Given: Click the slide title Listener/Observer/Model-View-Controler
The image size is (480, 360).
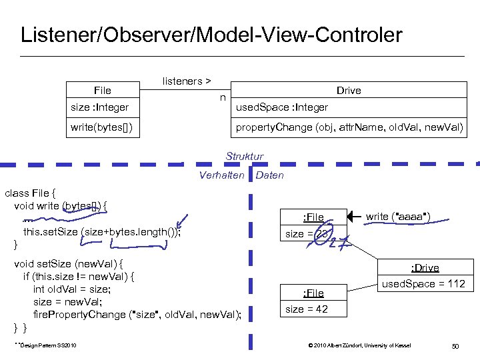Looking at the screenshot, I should [211, 35].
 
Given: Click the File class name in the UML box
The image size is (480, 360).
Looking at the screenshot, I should [103, 91].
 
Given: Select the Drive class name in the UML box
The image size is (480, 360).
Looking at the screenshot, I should [348, 91].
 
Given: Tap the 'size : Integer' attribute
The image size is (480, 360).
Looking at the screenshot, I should [100, 107].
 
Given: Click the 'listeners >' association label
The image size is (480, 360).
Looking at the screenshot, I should [186, 81].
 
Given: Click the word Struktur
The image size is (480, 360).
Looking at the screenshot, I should [244, 157].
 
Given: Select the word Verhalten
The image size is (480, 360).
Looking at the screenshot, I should [221, 175].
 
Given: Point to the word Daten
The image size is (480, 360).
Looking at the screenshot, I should [269, 175].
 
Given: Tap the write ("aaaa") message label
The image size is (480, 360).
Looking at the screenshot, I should [397, 216].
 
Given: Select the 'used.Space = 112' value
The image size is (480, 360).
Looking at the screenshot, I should [423, 284].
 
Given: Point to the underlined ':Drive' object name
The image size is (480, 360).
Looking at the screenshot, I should [425, 268].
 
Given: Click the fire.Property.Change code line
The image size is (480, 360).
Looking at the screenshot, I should [137, 313].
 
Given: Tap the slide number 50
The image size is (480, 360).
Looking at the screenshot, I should [456, 345].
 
